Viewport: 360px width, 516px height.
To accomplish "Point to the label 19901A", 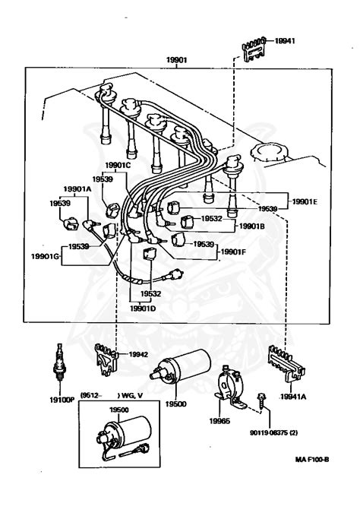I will [77, 189].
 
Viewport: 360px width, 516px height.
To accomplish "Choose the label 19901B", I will [251, 226].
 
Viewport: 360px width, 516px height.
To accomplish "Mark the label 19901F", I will [234, 250].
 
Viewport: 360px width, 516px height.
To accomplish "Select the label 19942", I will [137, 353].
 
